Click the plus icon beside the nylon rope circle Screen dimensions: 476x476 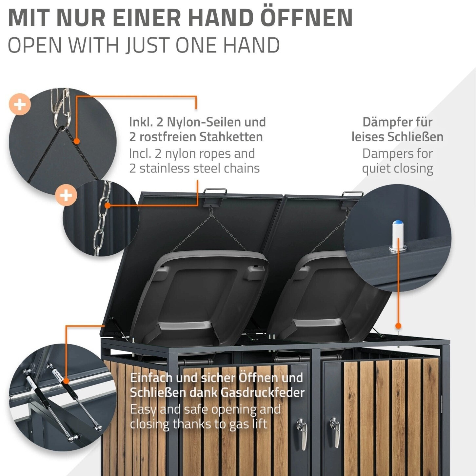[x=20, y=105]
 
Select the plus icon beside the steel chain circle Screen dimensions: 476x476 [x=66, y=196]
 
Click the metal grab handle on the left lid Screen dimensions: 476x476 [x=215, y=192]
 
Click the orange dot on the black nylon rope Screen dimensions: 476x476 [x=77, y=141]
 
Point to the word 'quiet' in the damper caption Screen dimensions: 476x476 [x=376, y=169]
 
